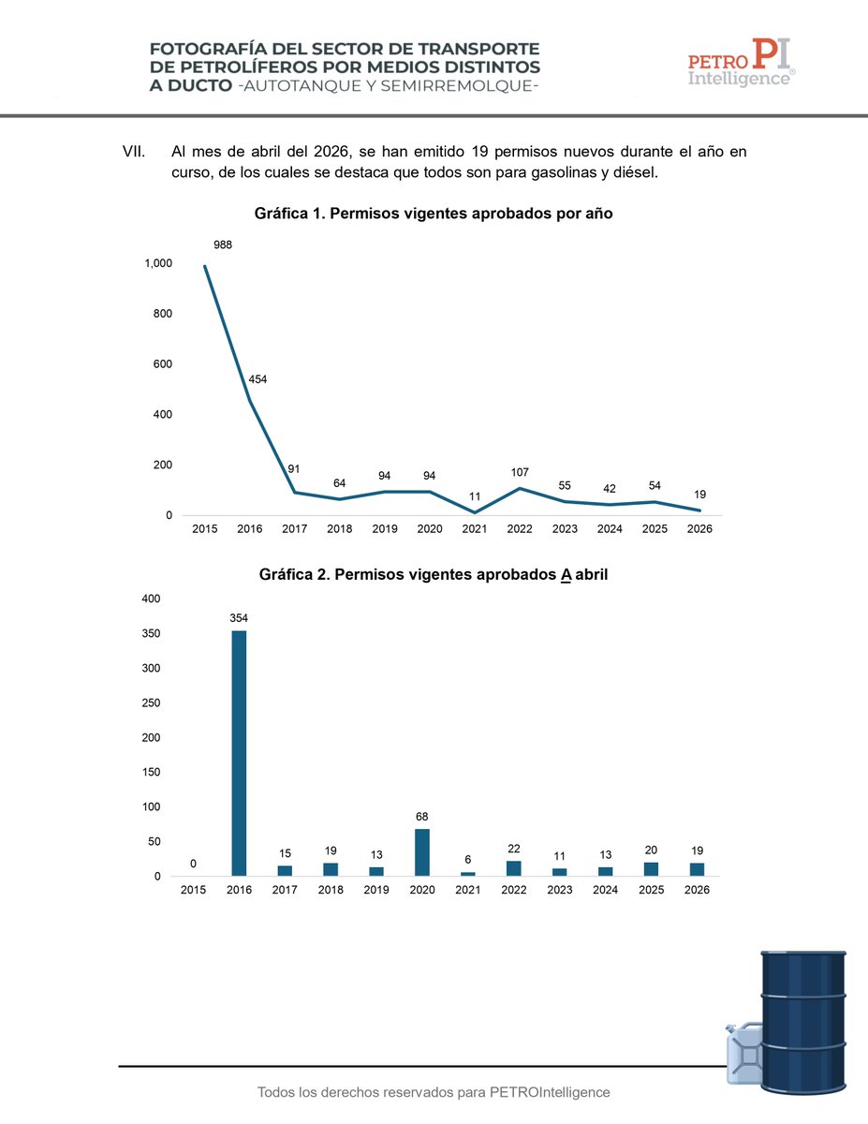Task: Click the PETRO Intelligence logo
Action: pos(742,62)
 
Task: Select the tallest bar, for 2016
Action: pos(239,753)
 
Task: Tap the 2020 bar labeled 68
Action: pos(422,852)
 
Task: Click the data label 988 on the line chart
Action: pos(223,244)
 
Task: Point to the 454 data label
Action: pos(257,379)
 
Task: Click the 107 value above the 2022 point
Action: pos(520,472)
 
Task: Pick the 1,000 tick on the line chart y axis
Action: pos(158,263)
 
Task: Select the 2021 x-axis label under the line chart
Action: pos(475,528)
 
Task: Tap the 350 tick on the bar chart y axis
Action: pos(151,633)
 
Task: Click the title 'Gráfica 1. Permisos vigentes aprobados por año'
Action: pos(434,214)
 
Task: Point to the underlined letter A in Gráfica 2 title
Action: pos(566,575)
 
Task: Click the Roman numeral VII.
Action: pos(133,152)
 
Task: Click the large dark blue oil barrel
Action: pos(802,1022)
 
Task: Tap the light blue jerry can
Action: pos(743,1053)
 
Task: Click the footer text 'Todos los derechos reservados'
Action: pos(356,1092)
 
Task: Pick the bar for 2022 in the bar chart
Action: pos(513,868)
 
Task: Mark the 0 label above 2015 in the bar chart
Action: pos(193,864)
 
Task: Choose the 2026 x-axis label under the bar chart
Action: pos(697,890)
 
